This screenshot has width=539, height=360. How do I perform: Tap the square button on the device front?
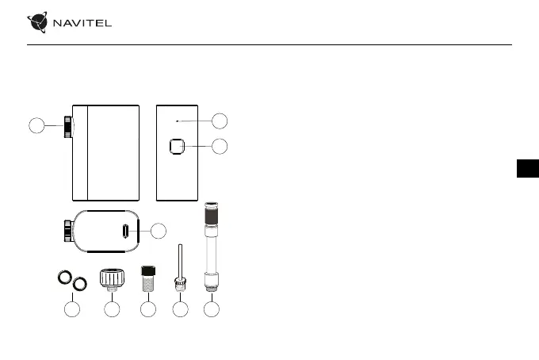[x=176, y=147]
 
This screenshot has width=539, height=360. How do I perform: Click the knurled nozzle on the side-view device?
[x=68, y=126]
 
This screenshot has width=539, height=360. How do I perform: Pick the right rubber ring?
[x=78, y=283]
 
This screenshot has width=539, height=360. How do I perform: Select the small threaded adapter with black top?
[x=147, y=278]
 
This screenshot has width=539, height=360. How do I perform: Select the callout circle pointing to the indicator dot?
[x=220, y=121]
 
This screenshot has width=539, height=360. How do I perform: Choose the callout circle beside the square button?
[x=220, y=146]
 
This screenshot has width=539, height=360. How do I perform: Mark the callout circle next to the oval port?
[x=159, y=231]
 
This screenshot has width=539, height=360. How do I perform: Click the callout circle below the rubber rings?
[x=72, y=310]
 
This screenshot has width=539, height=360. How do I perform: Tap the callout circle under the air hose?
[x=211, y=310]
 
